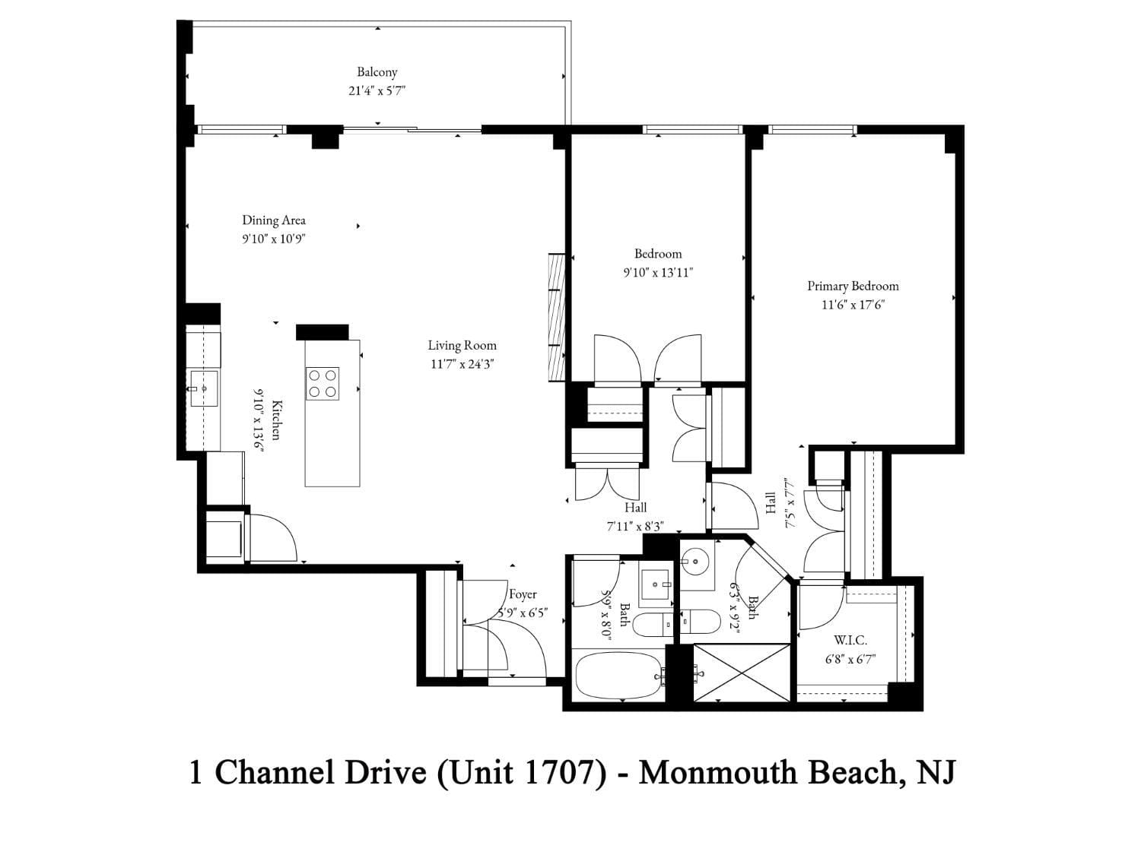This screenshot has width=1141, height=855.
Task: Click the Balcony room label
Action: pos(377,72)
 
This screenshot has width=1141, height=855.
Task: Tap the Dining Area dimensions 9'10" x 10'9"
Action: pos(274,239)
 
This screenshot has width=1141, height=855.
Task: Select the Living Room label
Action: pos(462,345)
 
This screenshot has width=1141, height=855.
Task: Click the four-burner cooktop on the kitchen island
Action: pos(322,383)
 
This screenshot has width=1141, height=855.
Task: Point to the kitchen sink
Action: pos(203,388)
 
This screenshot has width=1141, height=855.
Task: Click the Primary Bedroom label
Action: pos(853,286)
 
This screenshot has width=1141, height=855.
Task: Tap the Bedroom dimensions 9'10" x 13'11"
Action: pos(658,272)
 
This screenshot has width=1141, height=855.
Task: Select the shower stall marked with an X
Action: pos(743,673)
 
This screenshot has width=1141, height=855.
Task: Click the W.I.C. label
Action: pos(850,641)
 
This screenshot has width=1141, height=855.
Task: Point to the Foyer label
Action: pos(523,594)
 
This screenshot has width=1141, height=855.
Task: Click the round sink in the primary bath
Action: pos(696,563)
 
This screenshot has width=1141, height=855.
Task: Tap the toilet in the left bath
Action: pos(652,625)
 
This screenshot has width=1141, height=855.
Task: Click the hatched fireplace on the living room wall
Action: pos(556,317)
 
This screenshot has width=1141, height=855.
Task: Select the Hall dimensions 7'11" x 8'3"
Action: pos(635,525)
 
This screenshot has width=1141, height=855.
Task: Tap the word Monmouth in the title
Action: pos(714,773)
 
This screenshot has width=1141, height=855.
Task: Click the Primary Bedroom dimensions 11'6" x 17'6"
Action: pos(853,305)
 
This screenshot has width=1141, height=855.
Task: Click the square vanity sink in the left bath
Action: pos(654,585)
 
